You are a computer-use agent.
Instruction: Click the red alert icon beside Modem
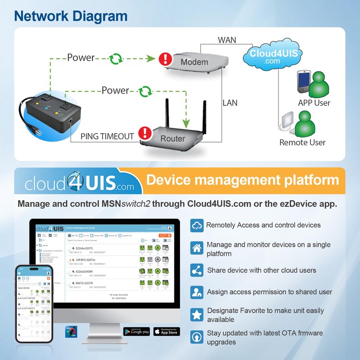(x=166, y=58)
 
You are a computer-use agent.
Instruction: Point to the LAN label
(x=230, y=103)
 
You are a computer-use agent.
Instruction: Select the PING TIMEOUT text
(x=107, y=136)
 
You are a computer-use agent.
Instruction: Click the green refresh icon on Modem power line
(x=117, y=58)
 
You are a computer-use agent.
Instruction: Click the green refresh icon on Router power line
(x=145, y=91)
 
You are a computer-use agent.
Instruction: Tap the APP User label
(x=314, y=103)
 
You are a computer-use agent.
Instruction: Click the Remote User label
(x=302, y=143)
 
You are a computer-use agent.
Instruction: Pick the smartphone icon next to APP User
(x=303, y=81)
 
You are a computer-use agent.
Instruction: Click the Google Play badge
(x=136, y=331)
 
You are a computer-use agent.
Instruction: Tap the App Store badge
(x=166, y=331)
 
